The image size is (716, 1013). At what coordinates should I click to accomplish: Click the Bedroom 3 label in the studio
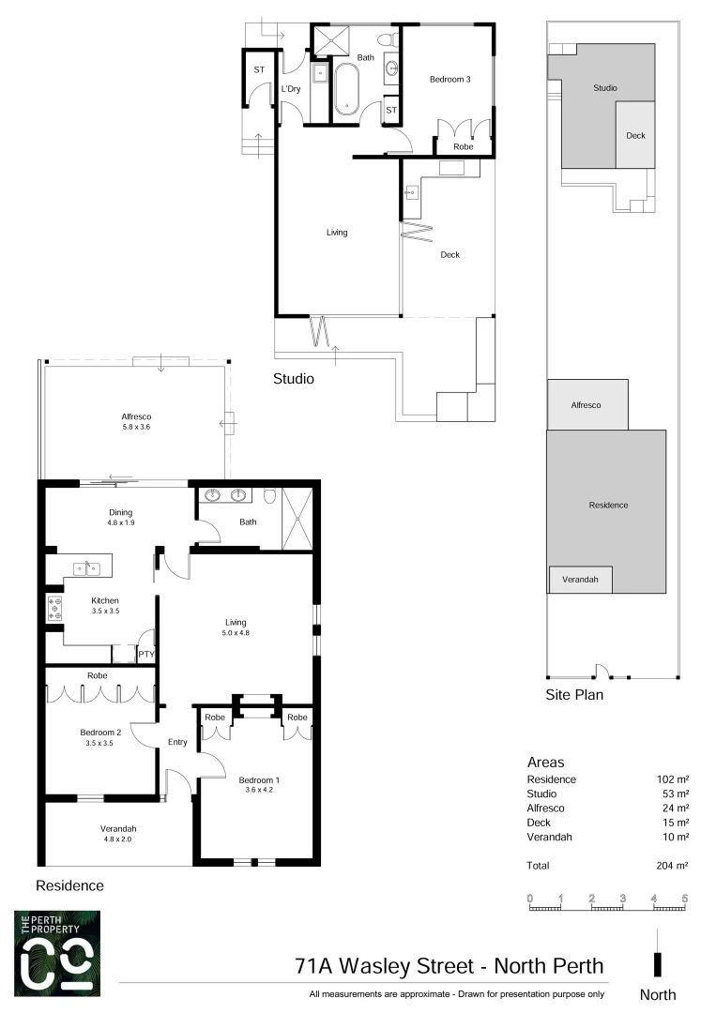click(449, 80)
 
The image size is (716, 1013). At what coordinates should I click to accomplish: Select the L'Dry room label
click(291, 89)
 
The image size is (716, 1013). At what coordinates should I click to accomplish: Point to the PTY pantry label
click(146, 655)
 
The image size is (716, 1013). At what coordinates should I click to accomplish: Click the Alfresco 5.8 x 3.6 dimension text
click(136, 427)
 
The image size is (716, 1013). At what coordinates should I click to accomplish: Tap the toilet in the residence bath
click(269, 497)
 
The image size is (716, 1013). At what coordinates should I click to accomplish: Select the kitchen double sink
click(87, 567)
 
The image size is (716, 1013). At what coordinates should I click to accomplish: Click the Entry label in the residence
click(177, 742)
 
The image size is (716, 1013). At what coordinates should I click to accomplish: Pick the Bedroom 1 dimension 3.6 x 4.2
click(258, 790)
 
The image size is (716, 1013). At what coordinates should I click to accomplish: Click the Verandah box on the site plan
click(580, 580)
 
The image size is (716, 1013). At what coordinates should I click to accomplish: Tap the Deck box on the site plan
click(635, 135)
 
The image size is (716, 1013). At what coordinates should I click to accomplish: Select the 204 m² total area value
click(673, 866)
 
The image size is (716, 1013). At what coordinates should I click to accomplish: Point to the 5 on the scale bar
click(685, 899)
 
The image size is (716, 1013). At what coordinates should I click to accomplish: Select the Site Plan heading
click(574, 695)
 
